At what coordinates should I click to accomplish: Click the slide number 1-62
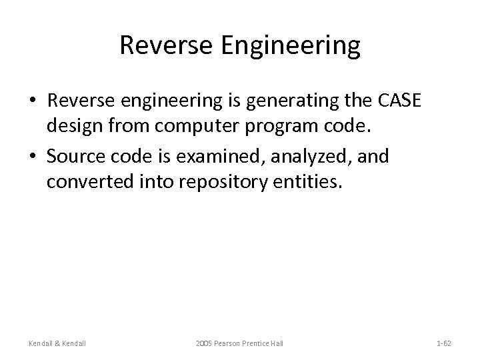point(443,343)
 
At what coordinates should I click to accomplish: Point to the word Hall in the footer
point(276,343)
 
